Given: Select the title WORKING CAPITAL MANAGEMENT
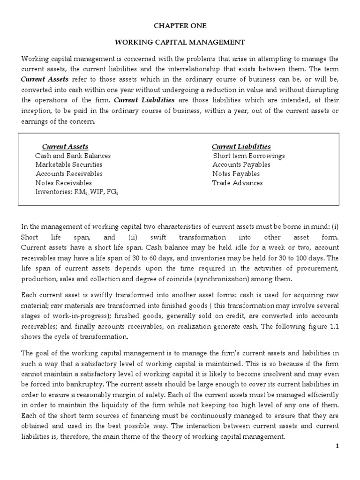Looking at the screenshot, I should click(180, 42).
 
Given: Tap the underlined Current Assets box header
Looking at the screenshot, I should click(65, 147).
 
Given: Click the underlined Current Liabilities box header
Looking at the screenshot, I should click(241, 147).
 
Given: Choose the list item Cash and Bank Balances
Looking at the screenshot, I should click(73, 156).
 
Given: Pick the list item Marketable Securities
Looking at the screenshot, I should click(69, 165).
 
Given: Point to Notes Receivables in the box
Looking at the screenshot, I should click(64, 183).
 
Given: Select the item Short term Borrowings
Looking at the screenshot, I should click(248, 156).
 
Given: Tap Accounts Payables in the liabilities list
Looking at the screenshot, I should click(241, 165).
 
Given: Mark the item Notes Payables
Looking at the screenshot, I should click(236, 174).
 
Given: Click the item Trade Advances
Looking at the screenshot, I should click(237, 183).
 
